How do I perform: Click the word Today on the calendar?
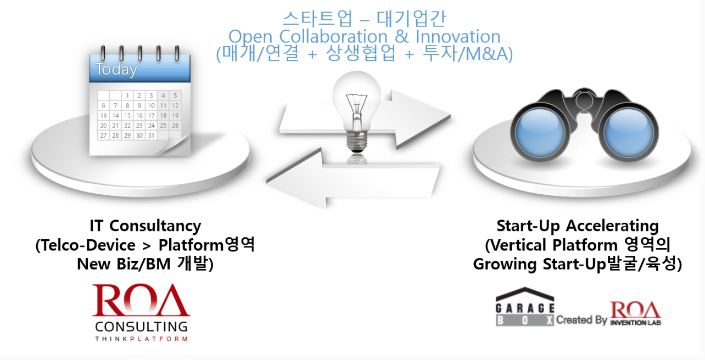click(x=116, y=70)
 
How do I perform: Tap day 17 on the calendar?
click(x=152, y=115)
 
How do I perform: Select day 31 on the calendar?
click(x=152, y=136)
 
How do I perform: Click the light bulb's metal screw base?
click(x=356, y=142)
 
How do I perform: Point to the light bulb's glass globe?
click(x=356, y=100)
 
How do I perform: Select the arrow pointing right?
click(x=365, y=120)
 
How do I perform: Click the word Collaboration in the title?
click(x=333, y=37)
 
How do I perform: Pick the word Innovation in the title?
click(x=458, y=37)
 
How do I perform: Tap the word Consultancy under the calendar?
click(x=155, y=226)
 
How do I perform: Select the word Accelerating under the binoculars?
click(x=612, y=226)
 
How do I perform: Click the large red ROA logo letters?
click(x=141, y=300)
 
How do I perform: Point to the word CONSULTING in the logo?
click(x=141, y=327)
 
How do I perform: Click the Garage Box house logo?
click(x=525, y=307)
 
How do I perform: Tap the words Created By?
click(x=581, y=320)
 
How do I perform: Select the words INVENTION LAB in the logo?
click(x=635, y=323)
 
